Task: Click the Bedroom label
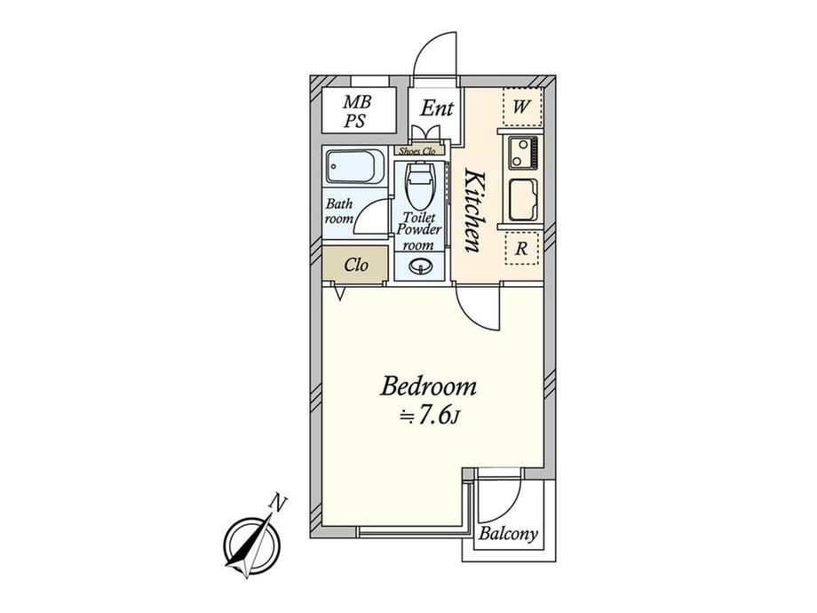pyautogui.click(x=428, y=387)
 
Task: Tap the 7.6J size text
pyautogui.click(x=428, y=416)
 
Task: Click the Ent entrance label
pyautogui.click(x=437, y=108)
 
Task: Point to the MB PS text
pyautogui.click(x=357, y=111)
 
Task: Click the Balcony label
pyautogui.click(x=508, y=534)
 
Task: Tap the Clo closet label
pyautogui.click(x=356, y=266)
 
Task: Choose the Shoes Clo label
pyautogui.click(x=417, y=151)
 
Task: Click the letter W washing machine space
pyautogui.click(x=521, y=107)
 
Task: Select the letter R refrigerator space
pyautogui.click(x=521, y=249)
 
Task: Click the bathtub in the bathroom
pyautogui.click(x=354, y=166)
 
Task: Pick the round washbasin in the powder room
pyautogui.click(x=420, y=267)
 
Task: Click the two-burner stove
pyautogui.click(x=522, y=153)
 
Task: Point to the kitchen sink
pyautogui.click(x=522, y=200)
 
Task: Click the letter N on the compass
pyautogui.click(x=279, y=503)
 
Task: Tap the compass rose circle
pyautogui.click(x=252, y=545)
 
